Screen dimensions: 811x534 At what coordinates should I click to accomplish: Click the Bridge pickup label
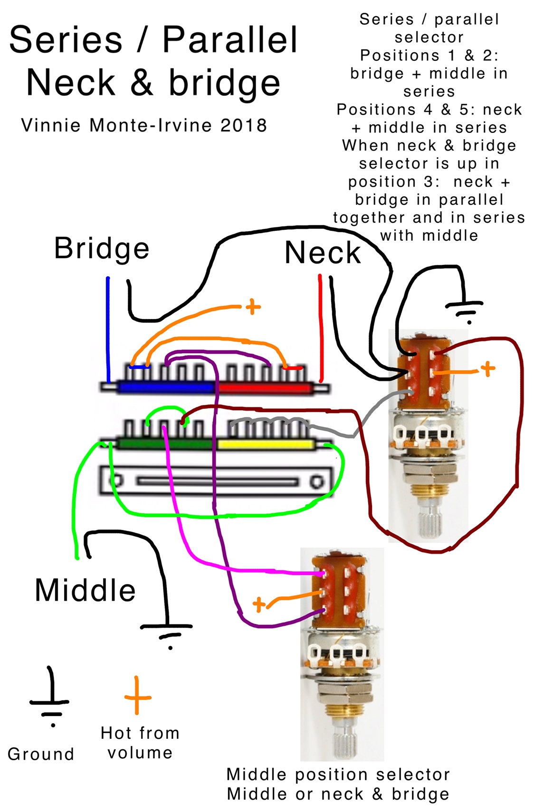tap(102, 248)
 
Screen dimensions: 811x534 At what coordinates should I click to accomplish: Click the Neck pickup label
tap(323, 253)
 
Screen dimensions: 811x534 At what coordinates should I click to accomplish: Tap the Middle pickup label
tap(86, 590)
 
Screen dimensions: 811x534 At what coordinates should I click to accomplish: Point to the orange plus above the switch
tap(253, 307)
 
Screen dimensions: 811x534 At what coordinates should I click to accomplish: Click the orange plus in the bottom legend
tap(137, 696)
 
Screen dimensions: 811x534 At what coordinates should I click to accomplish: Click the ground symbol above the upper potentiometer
tap(465, 309)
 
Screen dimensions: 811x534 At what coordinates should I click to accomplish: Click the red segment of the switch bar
tap(264, 388)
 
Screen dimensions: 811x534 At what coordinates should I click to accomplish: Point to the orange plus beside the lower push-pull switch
tap(259, 604)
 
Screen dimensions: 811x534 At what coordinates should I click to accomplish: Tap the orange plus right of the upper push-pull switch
tap(487, 368)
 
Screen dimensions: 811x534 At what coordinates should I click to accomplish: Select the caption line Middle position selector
tap(338, 774)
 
